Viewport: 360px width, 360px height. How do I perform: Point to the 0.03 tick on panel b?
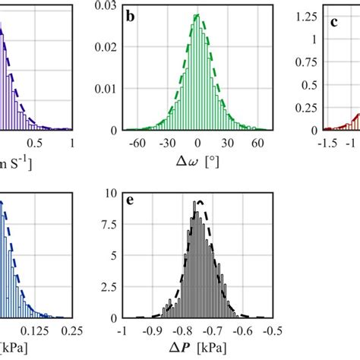point(106,7)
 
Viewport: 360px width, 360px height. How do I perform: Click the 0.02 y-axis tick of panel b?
point(106,48)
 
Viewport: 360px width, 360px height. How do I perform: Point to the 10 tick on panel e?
point(109,193)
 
